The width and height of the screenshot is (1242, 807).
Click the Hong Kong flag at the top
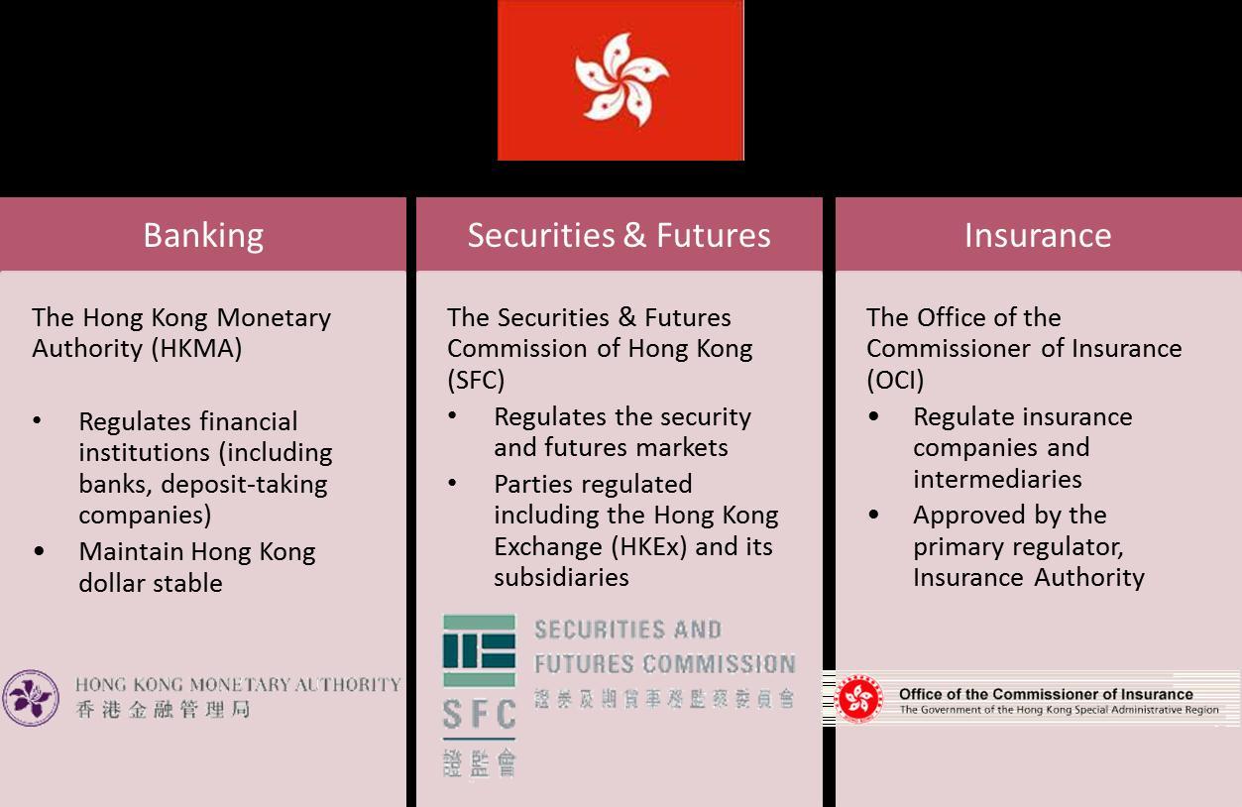click(x=621, y=80)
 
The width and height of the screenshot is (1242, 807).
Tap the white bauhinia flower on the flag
click(x=621, y=79)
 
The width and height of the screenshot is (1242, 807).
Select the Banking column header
click(x=203, y=235)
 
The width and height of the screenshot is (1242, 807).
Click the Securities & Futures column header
click(x=619, y=235)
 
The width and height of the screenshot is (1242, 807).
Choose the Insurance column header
click(x=1037, y=235)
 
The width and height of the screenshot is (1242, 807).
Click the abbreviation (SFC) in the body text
click(x=475, y=380)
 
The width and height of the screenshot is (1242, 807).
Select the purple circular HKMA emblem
click(x=30, y=698)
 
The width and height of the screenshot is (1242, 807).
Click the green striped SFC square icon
click(x=479, y=650)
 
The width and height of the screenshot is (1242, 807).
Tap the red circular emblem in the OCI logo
click(x=859, y=700)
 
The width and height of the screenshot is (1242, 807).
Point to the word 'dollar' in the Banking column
click(x=112, y=583)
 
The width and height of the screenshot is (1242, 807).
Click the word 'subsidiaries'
click(x=561, y=578)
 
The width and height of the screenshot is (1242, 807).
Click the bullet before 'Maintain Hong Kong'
click(x=39, y=552)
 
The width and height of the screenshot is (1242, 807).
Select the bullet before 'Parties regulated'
click(x=453, y=485)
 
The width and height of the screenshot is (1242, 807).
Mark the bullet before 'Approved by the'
click(x=873, y=516)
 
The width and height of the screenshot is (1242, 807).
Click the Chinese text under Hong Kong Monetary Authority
click(x=163, y=709)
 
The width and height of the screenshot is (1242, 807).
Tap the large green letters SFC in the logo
click(x=479, y=714)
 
